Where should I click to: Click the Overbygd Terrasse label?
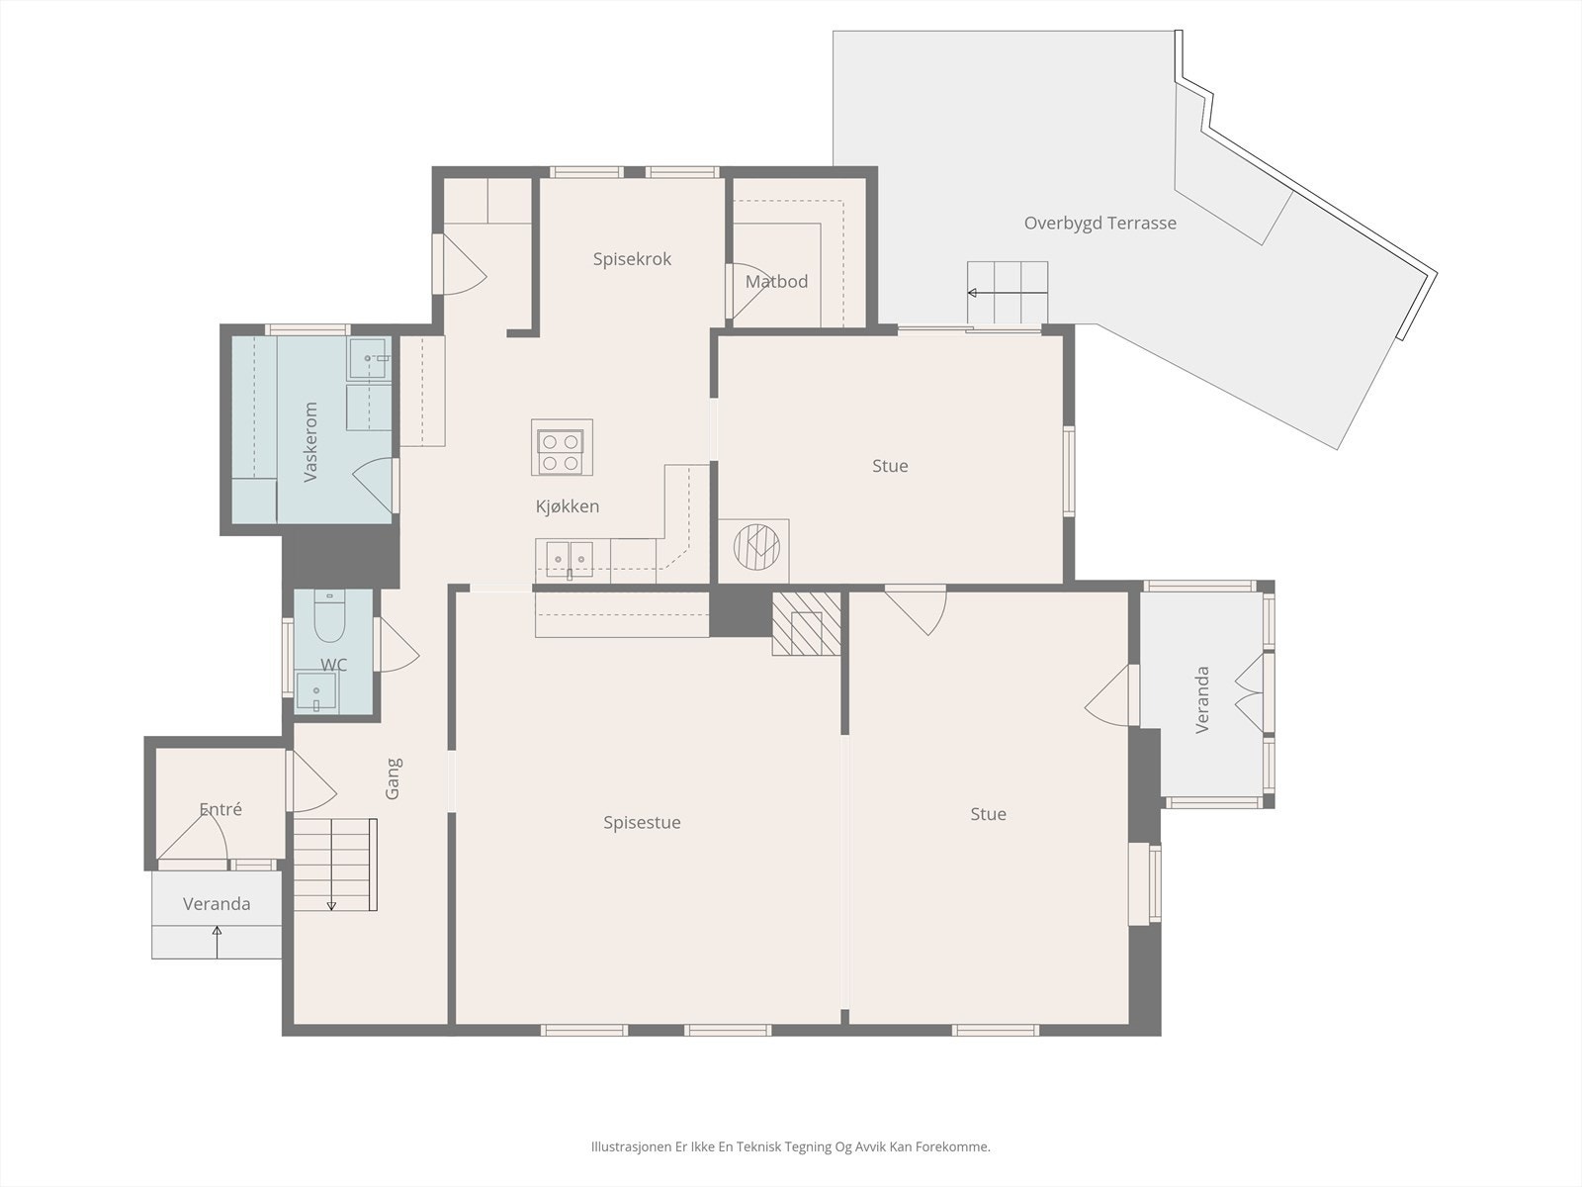point(1099,224)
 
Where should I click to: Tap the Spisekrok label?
point(632,259)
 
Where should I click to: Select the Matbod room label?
point(776,281)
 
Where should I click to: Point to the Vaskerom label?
point(310,442)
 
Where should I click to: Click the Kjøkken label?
point(568,506)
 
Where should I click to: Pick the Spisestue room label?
point(642,822)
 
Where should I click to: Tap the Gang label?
point(393,778)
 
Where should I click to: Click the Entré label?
point(220,809)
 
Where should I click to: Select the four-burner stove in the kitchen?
point(563,447)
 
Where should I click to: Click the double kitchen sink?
point(570,559)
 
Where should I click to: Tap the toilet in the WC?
point(330,616)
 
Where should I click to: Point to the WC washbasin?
point(316,692)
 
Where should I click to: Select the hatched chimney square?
point(807,623)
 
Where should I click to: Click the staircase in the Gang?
point(335,865)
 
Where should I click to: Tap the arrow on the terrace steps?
point(1008,293)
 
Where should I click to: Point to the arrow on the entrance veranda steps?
point(217,943)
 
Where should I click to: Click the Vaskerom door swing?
point(373,485)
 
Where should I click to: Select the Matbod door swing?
point(747,291)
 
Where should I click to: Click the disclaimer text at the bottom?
point(791,1146)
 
